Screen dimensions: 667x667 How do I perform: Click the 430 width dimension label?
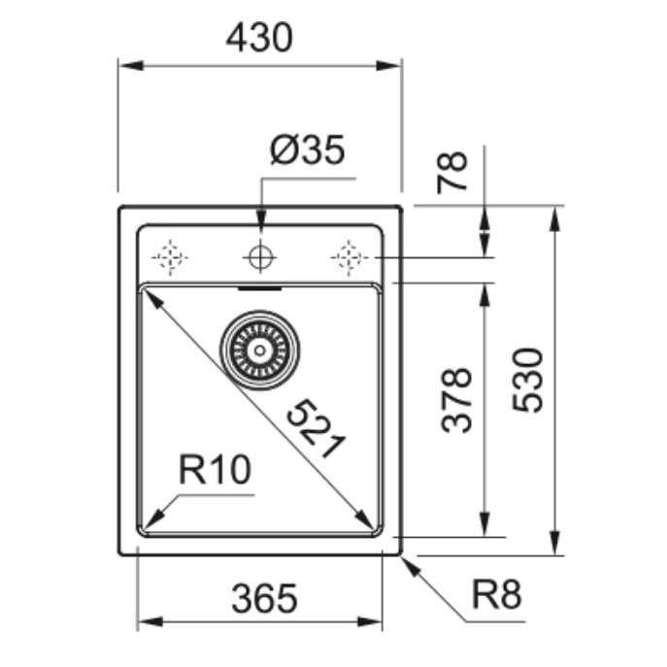(x=259, y=38)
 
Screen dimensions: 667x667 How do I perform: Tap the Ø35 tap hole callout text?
(x=307, y=150)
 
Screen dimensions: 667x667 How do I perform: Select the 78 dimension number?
(x=452, y=172)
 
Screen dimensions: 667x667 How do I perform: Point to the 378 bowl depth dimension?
(x=457, y=400)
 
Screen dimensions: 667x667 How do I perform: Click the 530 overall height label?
(x=527, y=381)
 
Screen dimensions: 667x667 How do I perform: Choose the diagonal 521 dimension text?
(x=316, y=428)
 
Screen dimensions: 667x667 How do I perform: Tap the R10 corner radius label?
(x=215, y=470)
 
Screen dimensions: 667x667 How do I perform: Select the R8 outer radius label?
(x=496, y=594)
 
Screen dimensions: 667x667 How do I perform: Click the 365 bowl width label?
(x=264, y=598)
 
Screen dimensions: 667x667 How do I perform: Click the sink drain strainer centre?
(x=259, y=350)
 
